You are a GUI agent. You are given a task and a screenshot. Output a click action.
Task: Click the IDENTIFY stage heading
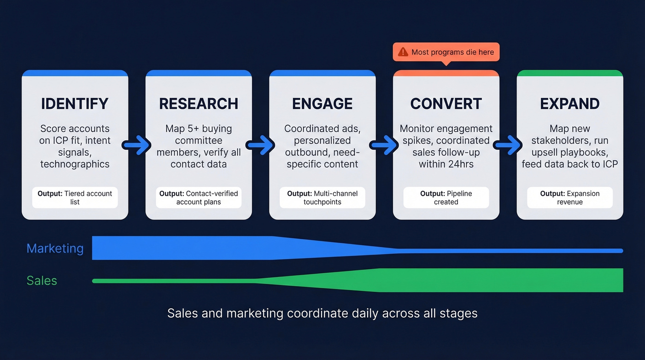point(75,104)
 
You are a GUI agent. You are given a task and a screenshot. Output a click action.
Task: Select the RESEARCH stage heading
point(199,104)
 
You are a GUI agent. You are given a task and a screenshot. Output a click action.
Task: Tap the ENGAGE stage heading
point(322,104)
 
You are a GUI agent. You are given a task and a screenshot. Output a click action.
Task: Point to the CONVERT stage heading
point(446,104)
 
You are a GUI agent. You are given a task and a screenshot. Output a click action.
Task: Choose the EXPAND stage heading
point(570,104)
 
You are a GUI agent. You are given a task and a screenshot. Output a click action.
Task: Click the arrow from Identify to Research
point(137,146)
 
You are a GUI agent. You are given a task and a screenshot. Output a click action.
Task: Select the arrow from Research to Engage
point(261,146)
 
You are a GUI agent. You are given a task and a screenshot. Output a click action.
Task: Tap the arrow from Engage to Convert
point(384,146)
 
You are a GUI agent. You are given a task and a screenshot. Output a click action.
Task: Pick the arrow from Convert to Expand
point(508,146)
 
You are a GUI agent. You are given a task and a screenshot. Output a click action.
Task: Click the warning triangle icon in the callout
point(403,52)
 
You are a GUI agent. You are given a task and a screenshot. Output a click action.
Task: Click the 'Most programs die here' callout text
point(452,52)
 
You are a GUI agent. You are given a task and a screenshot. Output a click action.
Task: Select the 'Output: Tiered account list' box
point(75,198)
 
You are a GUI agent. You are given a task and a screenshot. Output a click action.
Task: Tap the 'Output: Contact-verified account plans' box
point(199,198)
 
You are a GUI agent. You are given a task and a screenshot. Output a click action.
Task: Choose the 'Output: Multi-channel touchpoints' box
point(322,198)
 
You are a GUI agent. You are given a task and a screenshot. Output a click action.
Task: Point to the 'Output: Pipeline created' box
point(446,198)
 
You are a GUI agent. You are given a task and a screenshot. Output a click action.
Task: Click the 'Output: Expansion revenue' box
point(570,198)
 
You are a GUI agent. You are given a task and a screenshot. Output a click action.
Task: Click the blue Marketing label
point(55,248)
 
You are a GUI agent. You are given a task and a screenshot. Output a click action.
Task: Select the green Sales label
point(42,281)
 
